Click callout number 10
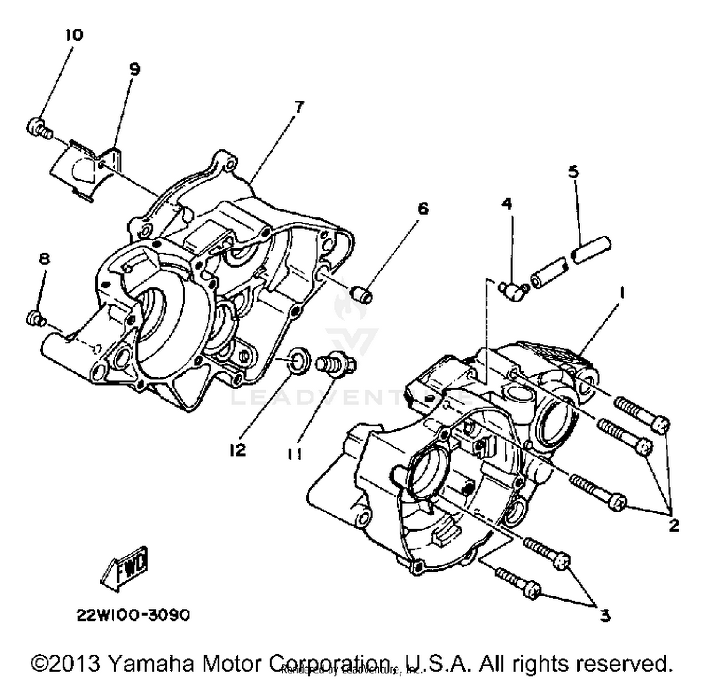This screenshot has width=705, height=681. (x=74, y=35)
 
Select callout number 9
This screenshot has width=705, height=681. (x=134, y=70)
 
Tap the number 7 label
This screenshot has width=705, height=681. (x=299, y=107)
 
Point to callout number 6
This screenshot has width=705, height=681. (x=423, y=208)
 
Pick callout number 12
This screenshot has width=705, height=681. (x=238, y=450)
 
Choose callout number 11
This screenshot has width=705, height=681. (x=295, y=454)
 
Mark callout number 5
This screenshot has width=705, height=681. (x=573, y=172)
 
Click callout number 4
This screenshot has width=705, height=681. (x=507, y=204)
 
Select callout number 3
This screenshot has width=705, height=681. (x=605, y=615)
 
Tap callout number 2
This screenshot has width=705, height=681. (x=674, y=525)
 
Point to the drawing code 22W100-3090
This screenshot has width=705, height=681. (x=133, y=615)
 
